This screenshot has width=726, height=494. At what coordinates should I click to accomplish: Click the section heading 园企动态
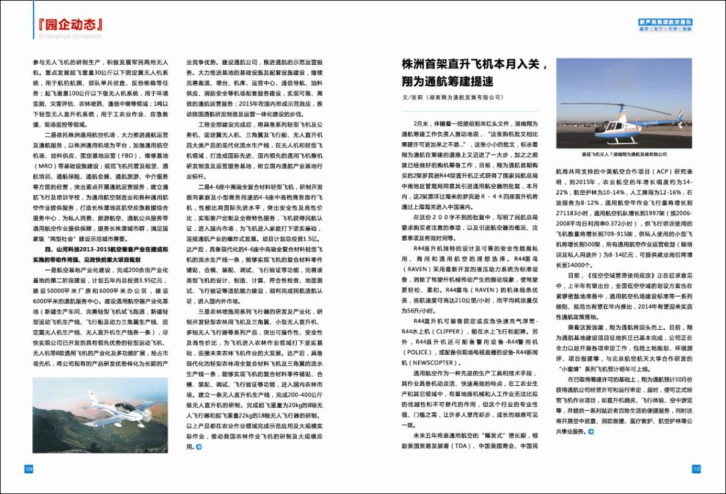point(68,24)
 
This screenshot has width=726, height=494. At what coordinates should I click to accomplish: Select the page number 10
point(697,469)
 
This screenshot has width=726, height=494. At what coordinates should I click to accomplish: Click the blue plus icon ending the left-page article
point(198,448)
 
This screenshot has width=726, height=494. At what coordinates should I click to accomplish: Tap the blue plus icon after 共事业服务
point(590,432)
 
